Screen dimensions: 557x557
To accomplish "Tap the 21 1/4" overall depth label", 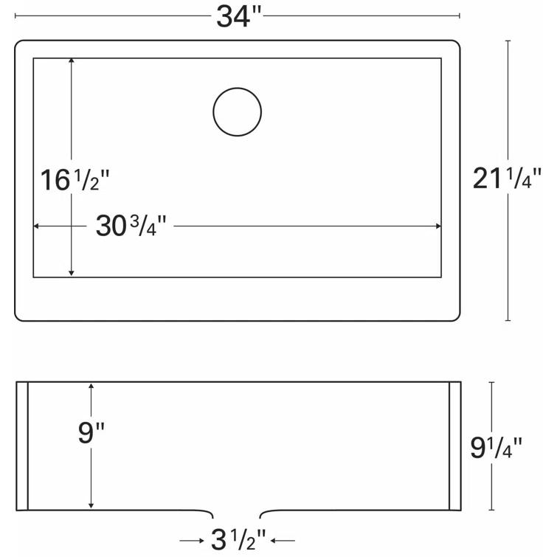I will (x=508, y=179).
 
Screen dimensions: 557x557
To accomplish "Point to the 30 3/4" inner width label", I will (x=131, y=226).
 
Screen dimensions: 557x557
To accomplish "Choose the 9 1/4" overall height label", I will (x=496, y=446).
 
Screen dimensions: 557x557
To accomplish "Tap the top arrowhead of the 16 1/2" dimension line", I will (x=71, y=62).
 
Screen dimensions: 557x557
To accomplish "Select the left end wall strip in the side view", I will (x=22, y=446).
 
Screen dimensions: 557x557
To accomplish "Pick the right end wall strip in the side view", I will (x=454, y=446).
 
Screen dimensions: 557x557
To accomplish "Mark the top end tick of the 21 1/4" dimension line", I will (x=508, y=41).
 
